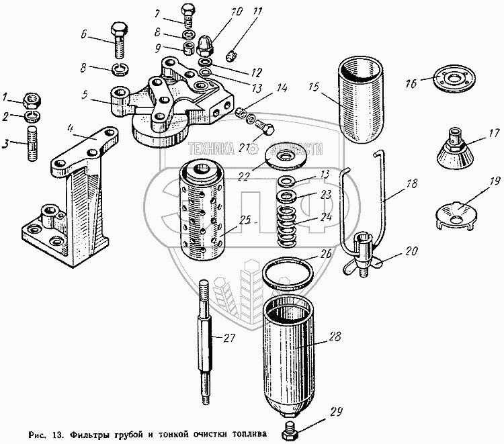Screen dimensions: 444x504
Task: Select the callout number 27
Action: click(x=228, y=338)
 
